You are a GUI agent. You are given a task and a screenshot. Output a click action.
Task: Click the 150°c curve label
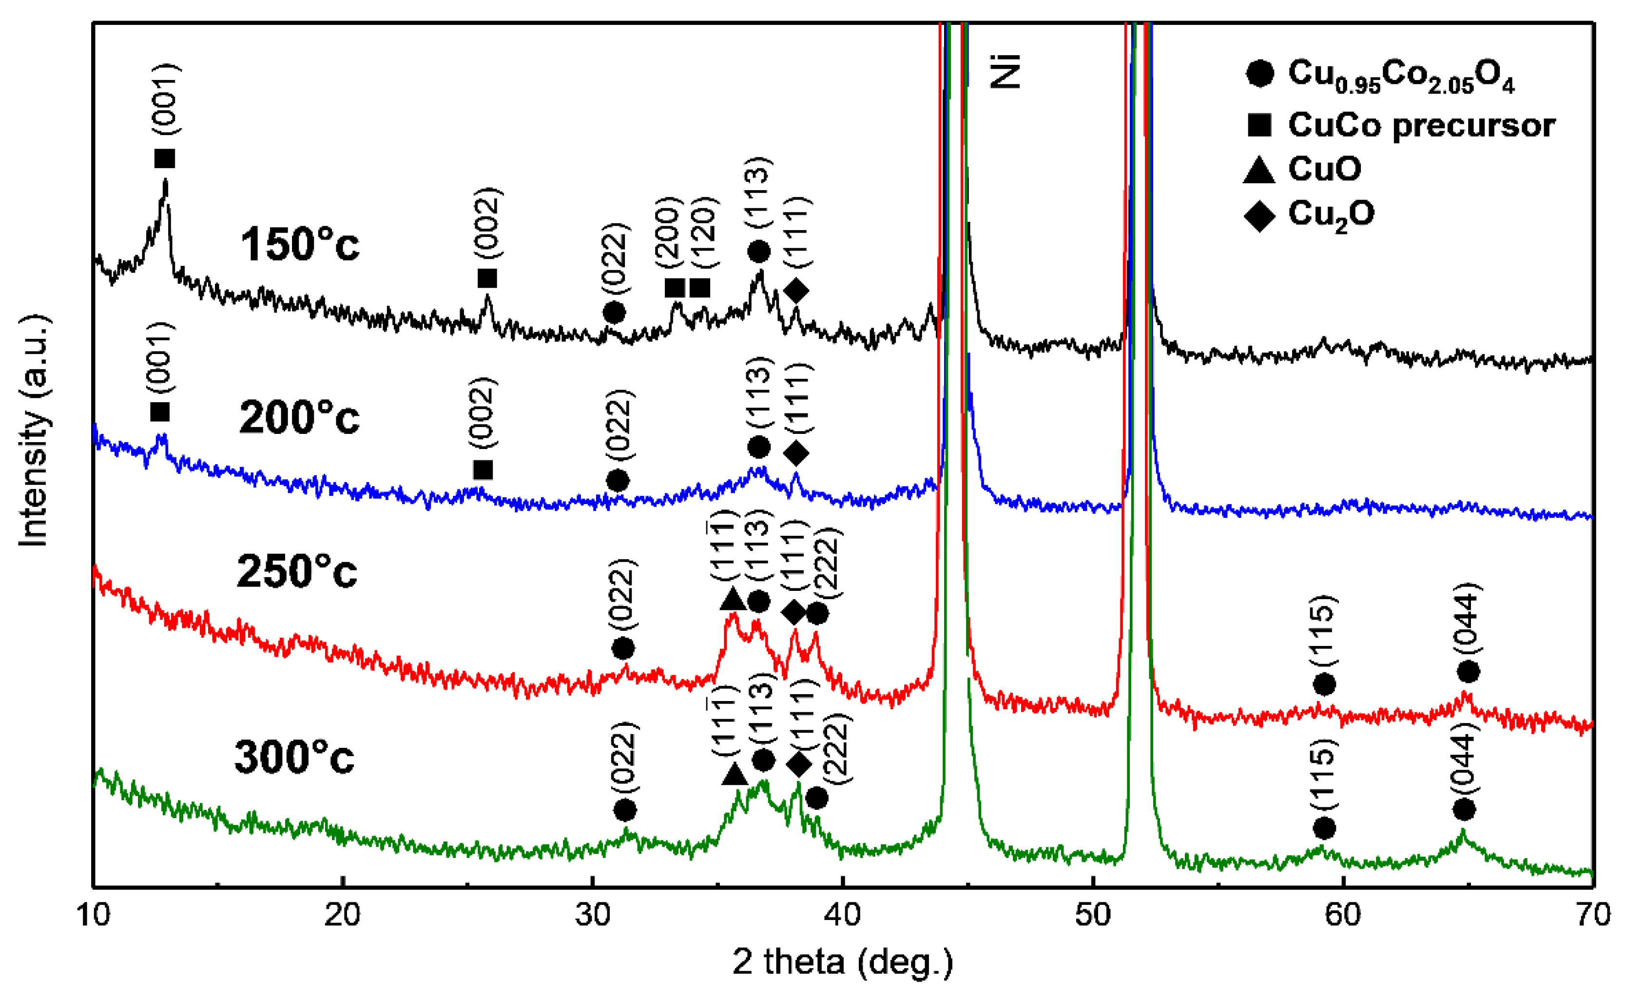300,245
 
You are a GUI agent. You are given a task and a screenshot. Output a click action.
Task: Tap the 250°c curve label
297,571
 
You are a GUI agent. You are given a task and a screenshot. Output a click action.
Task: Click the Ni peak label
1006,72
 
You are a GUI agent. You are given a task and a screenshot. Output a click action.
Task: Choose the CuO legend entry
1324,169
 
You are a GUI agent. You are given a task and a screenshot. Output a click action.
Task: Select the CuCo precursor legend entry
1421,125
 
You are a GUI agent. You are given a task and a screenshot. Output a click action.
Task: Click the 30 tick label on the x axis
592,916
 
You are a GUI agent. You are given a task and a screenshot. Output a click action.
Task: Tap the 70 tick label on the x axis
1591,916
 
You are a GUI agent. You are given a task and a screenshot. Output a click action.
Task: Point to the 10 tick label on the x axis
94,916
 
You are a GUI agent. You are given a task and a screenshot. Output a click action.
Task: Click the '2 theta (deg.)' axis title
843,962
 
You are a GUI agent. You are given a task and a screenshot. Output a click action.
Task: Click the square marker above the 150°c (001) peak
165,159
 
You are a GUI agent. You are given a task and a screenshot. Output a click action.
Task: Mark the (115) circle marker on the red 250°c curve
1325,684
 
